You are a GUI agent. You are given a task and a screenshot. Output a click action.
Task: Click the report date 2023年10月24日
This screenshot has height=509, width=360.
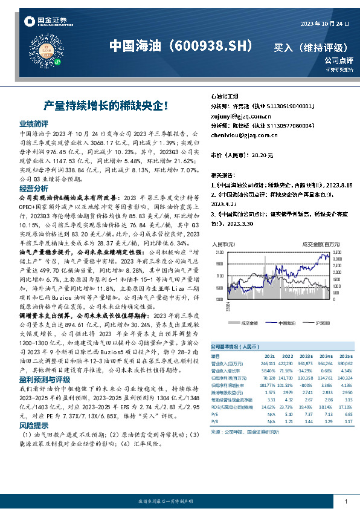coord(324,24)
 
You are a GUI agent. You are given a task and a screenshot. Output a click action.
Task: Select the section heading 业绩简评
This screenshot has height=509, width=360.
coord(34,122)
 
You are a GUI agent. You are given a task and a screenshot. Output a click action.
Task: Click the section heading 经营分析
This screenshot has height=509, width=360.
coord(34,189)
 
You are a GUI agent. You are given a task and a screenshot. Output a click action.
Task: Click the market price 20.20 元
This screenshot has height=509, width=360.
coord(262,155)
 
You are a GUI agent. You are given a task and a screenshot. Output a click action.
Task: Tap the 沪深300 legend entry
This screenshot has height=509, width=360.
coord(321,323)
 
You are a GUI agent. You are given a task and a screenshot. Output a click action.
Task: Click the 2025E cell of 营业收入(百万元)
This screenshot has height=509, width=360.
coord(343,363)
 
